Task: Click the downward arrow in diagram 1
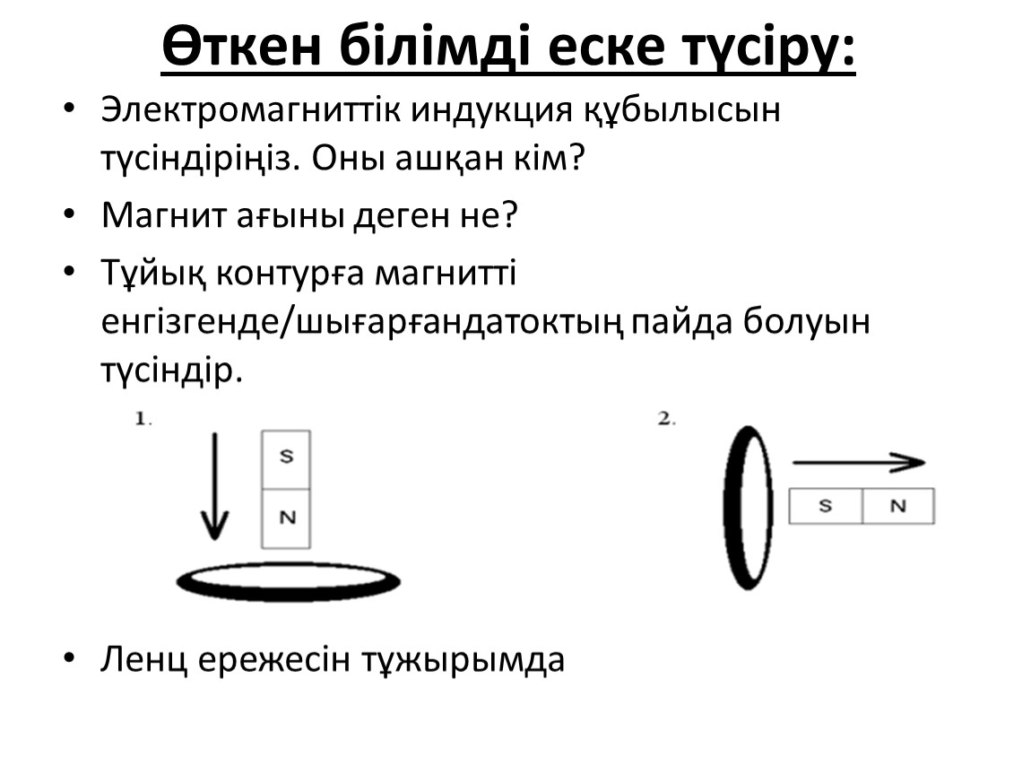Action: [214, 486]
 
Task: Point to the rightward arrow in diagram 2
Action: [859, 463]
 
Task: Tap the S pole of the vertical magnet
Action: [286, 460]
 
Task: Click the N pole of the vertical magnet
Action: [286, 519]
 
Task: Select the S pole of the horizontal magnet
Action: [826, 506]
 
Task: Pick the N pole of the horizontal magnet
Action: [898, 506]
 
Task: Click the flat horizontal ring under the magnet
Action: [288, 596]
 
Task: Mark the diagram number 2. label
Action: [667, 418]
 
